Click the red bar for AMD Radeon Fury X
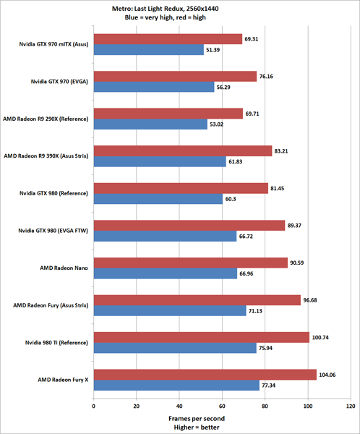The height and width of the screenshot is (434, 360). [x=205, y=375]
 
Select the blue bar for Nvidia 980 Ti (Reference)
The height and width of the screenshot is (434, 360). [x=174, y=349]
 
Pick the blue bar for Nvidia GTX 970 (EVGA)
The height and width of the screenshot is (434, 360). [x=153, y=88]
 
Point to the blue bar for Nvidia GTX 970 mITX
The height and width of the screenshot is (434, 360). [x=148, y=50]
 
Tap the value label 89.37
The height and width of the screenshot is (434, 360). [x=296, y=226]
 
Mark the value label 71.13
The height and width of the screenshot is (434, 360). [x=257, y=311]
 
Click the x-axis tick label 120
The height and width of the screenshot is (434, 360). [x=351, y=406]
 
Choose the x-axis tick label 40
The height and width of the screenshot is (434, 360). [x=179, y=406]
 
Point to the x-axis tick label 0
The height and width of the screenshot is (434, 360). [x=93, y=406]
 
